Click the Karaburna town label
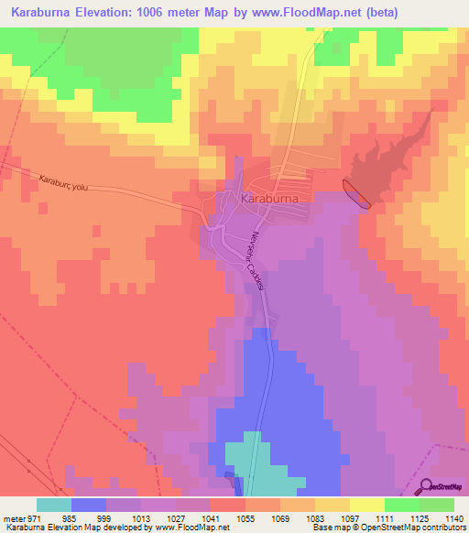(270, 197)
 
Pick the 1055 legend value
(245, 518)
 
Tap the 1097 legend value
(349, 518)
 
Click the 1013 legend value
(140, 518)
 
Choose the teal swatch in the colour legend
(54, 505)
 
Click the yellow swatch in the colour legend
(366, 505)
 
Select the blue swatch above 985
(89, 505)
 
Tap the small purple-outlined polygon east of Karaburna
(357, 194)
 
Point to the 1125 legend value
(418, 518)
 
